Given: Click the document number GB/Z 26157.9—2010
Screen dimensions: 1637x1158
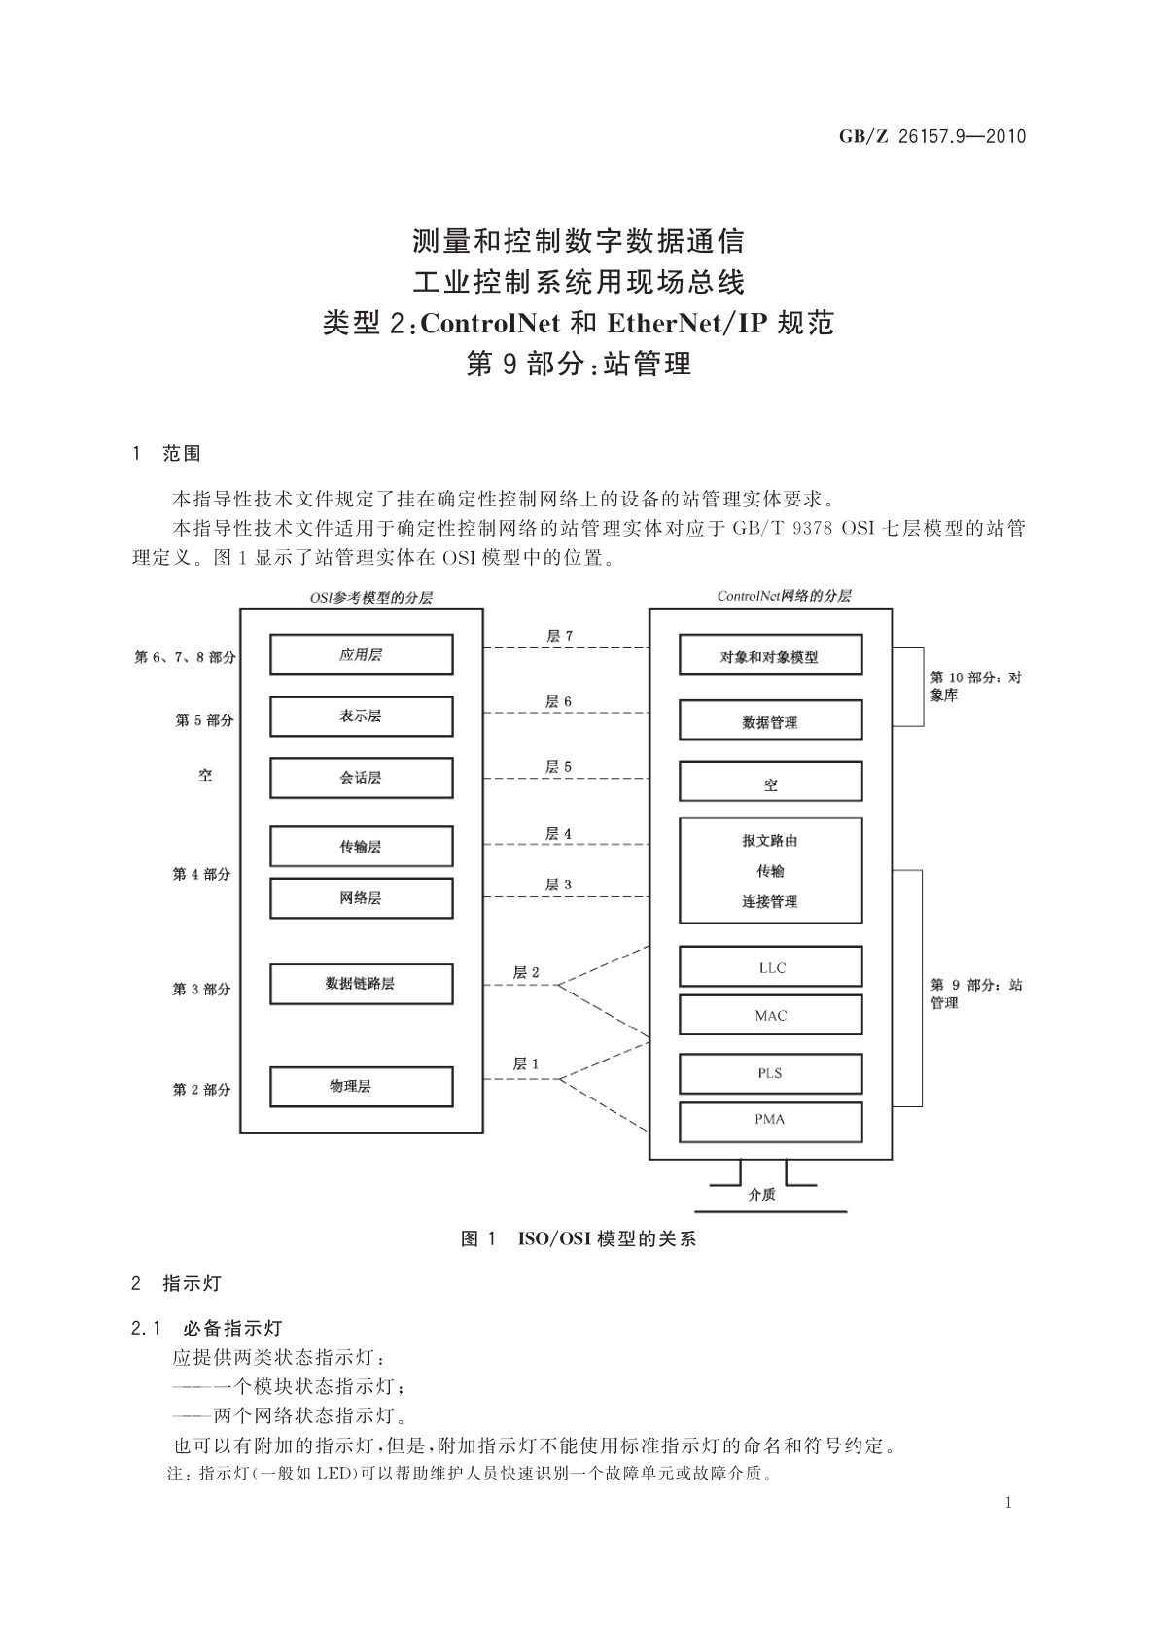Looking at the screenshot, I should tap(932, 136).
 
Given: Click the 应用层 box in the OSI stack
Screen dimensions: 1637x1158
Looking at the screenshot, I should tap(361, 654).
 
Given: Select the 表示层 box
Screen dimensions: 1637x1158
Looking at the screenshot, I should tap(361, 716).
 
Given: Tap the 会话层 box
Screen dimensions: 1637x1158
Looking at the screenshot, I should tap(361, 779).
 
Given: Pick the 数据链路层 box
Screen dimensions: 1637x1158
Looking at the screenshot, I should tap(361, 984).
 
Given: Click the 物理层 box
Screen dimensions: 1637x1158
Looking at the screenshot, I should tap(361, 1087).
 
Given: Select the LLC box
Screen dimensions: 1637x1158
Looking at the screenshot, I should tap(770, 967).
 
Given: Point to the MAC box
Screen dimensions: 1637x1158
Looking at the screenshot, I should tap(770, 1015).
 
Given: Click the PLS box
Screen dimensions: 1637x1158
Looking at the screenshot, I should tap(770, 1073).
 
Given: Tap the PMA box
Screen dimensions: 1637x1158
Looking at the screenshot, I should tap(770, 1120).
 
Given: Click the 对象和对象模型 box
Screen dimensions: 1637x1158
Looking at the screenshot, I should tap(770, 656).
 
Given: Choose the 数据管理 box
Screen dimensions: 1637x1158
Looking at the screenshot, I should tap(770, 722).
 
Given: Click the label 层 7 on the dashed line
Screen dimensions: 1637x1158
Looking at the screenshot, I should tap(559, 636).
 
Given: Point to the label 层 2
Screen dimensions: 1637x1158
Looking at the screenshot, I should tap(526, 972).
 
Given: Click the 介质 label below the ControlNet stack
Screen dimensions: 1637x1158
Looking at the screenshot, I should tap(761, 1195).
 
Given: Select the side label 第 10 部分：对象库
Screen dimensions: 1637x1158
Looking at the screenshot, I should tap(974, 686).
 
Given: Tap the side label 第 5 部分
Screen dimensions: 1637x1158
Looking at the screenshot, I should tap(204, 720).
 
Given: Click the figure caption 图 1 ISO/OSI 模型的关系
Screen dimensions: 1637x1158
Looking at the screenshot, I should tap(579, 1238).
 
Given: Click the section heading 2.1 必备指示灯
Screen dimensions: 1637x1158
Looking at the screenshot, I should tap(207, 1328).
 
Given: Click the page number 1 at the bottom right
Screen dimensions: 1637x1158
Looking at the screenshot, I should tap(1008, 1503).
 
